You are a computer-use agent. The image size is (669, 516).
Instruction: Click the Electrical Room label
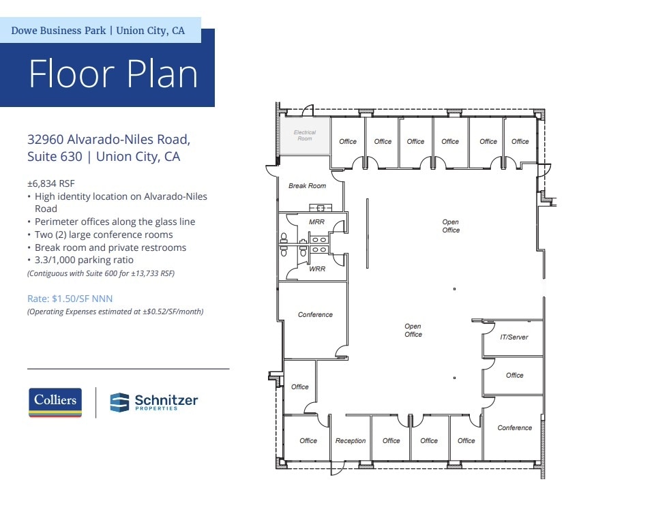pyautogui.click(x=305, y=135)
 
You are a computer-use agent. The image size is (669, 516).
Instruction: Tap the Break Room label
pyautogui.click(x=307, y=185)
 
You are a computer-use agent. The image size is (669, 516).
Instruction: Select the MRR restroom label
pyautogui.click(x=316, y=222)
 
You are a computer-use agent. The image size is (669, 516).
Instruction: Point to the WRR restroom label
pyautogui.click(x=316, y=269)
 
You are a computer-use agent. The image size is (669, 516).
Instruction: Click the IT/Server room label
pyautogui.click(x=514, y=337)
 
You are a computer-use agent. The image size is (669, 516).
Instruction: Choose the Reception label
pyautogui.click(x=351, y=440)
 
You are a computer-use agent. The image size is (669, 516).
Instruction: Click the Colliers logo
pyautogui.click(x=55, y=401)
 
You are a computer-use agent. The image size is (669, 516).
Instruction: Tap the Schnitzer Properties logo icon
pyautogui.click(x=119, y=402)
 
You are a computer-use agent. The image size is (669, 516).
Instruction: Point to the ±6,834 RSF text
pyautogui.click(x=52, y=183)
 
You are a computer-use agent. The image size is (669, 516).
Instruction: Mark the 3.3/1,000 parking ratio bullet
pyautogui.click(x=84, y=260)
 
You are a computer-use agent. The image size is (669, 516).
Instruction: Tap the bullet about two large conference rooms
pyautogui.click(x=104, y=234)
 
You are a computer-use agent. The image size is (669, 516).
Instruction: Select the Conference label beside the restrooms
pyautogui.click(x=315, y=314)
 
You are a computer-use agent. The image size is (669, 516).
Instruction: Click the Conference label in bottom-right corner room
pyautogui.click(x=514, y=427)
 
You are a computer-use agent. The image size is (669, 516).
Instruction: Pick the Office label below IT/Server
pyautogui.click(x=514, y=375)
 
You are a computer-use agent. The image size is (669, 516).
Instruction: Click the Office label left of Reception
pyautogui.click(x=308, y=440)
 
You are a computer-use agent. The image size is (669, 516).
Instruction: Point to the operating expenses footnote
pyautogui.click(x=115, y=312)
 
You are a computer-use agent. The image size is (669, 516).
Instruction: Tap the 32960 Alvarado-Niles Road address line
pyautogui.click(x=108, y=140)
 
